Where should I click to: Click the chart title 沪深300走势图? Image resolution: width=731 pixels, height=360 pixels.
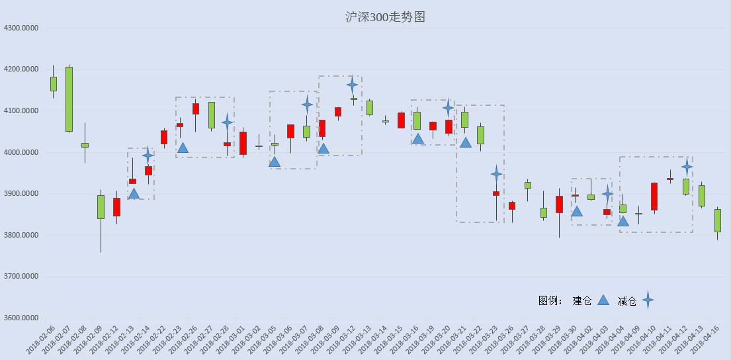[385, 17]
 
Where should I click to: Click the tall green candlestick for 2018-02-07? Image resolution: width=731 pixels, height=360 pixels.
[69, 99]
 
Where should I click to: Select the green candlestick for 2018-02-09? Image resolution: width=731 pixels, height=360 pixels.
[101, 207]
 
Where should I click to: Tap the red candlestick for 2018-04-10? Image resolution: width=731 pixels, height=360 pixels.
[654, 197]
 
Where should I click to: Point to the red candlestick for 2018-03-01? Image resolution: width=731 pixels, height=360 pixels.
[243, 143]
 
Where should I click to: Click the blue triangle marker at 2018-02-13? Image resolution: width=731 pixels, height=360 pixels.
[134, 193]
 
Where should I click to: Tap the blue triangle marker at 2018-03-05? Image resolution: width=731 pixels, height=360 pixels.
[275, 162]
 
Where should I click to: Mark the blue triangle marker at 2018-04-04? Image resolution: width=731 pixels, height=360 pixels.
[623, 221]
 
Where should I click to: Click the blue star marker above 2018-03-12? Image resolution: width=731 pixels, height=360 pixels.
[353, 85]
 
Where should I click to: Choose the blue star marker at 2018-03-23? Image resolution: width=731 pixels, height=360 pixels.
[497, 174]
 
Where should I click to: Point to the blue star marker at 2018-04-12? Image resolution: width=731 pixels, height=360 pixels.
[687, 167]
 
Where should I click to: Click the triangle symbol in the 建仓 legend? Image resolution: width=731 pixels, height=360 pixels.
[603, 300]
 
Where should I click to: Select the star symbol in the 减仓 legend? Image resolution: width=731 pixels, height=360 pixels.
[648, 300]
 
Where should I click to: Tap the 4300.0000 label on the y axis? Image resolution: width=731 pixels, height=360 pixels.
[21, 28]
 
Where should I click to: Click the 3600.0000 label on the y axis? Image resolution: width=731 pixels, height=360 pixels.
[21, 318]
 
